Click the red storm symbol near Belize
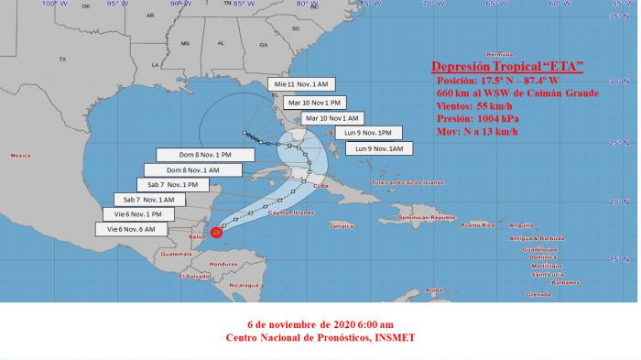(x=216, y=233)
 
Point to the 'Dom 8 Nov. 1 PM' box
(x=199, y=154)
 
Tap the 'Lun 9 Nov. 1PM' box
(x=365, y=133)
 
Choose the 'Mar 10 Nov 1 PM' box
(x=316, y=103)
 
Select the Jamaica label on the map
(x=342, y=224)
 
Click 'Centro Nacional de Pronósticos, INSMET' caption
(x=320, y=337)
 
